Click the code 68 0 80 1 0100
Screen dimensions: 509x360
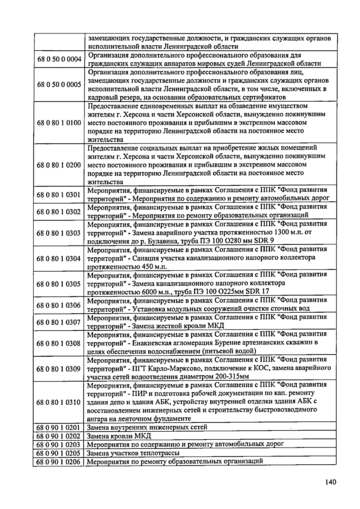pyautogui.click(x=59, y=123)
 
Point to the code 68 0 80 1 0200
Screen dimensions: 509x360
pyautogui.click(x=59, y=165)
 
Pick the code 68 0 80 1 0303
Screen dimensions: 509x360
pyautogui.click(x=59, y=233)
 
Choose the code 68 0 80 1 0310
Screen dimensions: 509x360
pyautogui.click(x=59, y=402)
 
